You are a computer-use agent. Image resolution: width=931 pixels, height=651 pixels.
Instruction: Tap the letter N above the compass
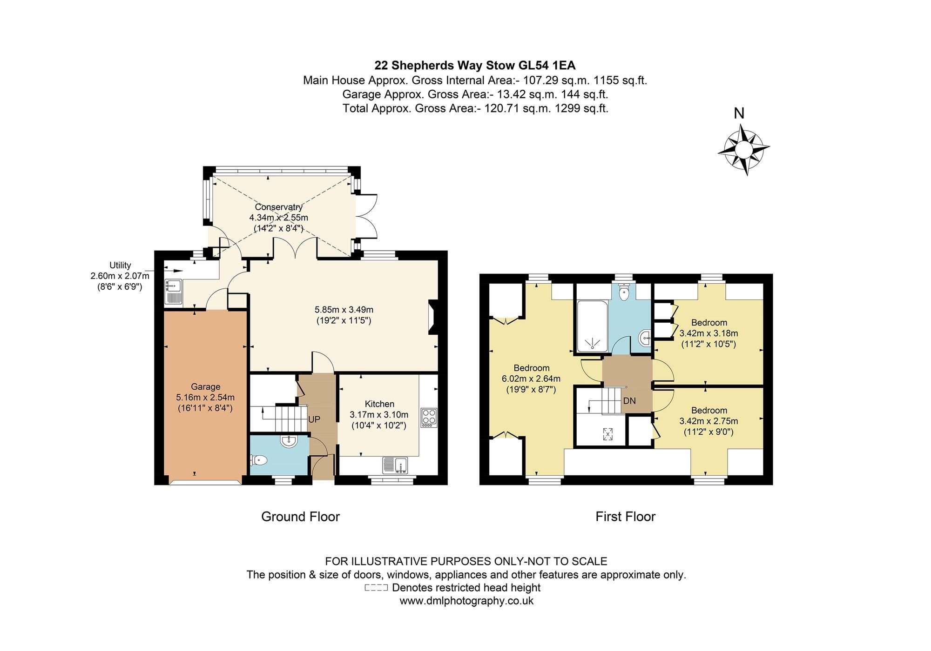click(739, 113)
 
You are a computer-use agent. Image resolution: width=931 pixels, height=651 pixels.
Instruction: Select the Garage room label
click(205, 387)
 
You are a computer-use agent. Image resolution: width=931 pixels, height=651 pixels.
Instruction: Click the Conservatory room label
click(278, 207)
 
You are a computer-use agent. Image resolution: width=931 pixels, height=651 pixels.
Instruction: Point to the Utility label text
click(120, 266)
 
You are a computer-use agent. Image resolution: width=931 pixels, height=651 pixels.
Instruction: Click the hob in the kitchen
click(428, 418)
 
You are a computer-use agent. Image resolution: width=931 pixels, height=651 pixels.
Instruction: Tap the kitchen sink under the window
click(395, 465)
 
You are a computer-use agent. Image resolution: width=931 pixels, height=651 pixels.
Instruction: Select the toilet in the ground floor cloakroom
click(259, 460)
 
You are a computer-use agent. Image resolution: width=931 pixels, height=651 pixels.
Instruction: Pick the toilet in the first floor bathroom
click(624, 293)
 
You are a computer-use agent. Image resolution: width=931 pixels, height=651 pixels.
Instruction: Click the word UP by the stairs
click(314, 419)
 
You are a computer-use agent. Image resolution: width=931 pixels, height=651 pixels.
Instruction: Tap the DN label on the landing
click(629, 401)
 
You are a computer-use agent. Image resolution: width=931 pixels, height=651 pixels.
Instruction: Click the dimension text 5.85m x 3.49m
click(344, 310)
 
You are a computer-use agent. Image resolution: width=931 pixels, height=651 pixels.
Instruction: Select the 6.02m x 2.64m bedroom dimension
click(531, 379)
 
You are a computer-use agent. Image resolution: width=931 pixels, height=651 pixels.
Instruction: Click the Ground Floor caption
click(300, 517)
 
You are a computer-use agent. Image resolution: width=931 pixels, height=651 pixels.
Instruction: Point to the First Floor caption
click(625, 517)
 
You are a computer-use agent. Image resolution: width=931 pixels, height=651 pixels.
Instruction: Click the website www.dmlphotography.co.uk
click(466, 601)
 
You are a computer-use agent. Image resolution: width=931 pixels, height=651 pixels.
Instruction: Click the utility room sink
click(173, 292)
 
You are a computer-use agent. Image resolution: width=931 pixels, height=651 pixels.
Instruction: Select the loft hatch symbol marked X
click(607, 434)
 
